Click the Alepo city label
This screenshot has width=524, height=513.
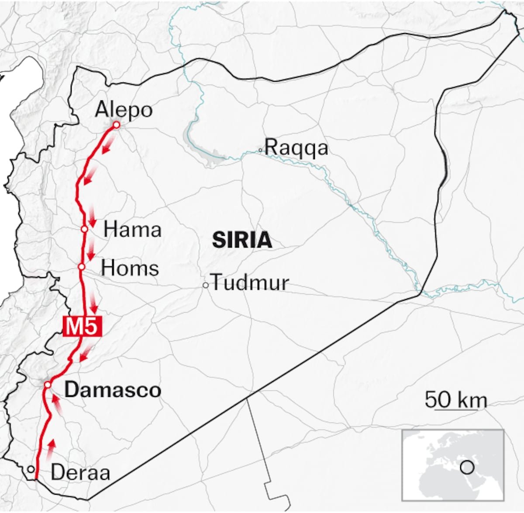click(x=124, y=110)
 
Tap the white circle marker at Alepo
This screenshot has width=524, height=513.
click(x=116, y=125)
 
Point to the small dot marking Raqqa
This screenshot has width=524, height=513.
click(x=260, y=150)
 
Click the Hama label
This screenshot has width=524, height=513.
click(x=132, y=230)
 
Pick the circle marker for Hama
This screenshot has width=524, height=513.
click(x=84, y=229)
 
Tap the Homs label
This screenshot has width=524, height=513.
click(x=130, y=268)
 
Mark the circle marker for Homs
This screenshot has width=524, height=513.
click(x=81, y=266)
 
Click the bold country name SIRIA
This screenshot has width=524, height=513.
click(x=241, y=240)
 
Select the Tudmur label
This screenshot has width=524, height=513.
click(x=250, y=283)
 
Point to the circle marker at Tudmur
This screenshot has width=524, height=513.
click(x=205, y=286)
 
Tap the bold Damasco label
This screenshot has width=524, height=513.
click(x=113, y=390)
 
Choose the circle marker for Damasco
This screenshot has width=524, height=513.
click(x=48, y=385)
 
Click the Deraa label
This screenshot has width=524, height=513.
click(x=80, y=472)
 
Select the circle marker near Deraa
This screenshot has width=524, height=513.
click(x=30, y=469)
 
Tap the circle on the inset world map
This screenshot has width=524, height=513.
click(x=467, y=468)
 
